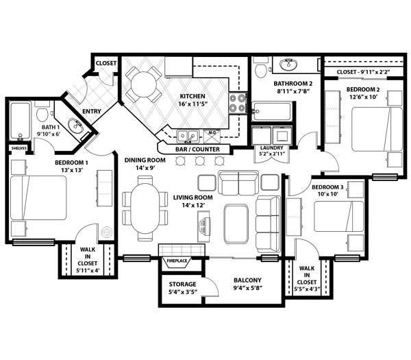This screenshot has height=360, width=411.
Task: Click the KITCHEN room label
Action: click(x=192, y=97)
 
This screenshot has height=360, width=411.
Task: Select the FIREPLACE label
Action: click(x=177, y=261)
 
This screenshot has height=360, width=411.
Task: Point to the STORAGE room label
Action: click(x=183, y=284)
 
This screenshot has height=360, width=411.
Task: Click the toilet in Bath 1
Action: click(x=42, y=112)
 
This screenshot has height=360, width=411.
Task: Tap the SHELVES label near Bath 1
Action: click(x=18, y=147)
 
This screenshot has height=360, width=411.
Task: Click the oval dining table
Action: click(x=145, y=208)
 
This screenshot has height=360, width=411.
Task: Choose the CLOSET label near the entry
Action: click(x=106, y=63)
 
